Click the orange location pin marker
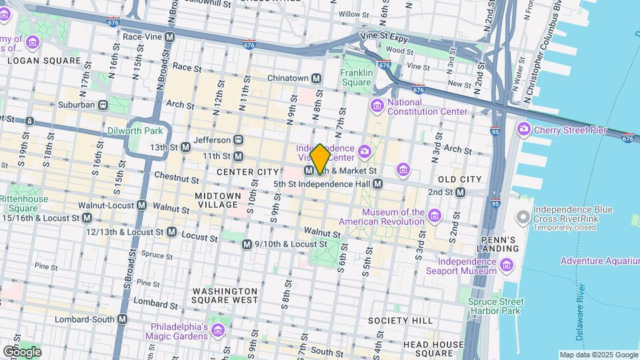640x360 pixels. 320,159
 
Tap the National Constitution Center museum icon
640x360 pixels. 378,105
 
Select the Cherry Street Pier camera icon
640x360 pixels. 523,129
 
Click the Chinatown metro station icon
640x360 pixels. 317,79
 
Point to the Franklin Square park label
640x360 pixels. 356,77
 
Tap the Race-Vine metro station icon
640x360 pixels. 170,37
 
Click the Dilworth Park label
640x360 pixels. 135,131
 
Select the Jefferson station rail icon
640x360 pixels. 238,140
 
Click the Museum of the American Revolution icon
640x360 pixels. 435,215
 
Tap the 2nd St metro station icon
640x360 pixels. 460,192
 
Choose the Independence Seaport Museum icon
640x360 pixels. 507,267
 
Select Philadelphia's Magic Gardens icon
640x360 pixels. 217,331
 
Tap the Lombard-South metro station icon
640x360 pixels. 122,319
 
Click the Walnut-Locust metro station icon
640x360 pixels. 141,205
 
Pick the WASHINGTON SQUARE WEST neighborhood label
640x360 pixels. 225,295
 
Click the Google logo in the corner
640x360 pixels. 22,351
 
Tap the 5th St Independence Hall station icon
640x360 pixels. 377,183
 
